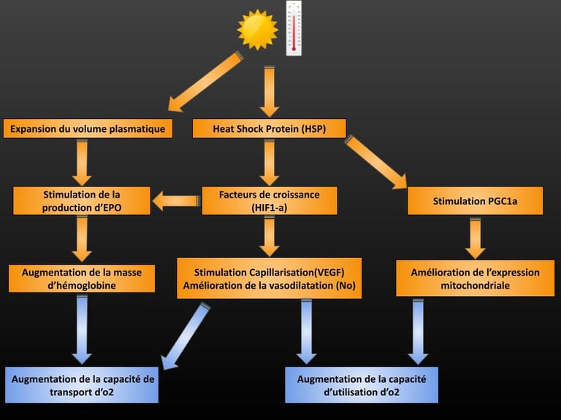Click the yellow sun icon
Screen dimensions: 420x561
(x=258, y=30)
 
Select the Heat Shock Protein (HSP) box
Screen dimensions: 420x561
(x=269, y=129)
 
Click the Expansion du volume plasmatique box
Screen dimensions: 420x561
(x=88, y=129)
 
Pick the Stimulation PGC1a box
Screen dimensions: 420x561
(x=475, y=201)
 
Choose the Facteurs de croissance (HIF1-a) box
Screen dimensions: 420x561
(x=269, y=201)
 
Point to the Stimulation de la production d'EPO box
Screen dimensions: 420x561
(x=82, y=201)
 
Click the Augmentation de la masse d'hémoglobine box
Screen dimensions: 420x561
(x=82, y=278)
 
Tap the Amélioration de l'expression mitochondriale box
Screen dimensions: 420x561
(x=475, y=278)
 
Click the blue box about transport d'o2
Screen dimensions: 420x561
(x=82, y=385)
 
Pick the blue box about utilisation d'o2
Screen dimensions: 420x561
(x=361, y=385)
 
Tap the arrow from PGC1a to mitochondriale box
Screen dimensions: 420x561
(x=476, y=238)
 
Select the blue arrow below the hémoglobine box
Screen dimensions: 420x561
(x=82, y=328)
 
